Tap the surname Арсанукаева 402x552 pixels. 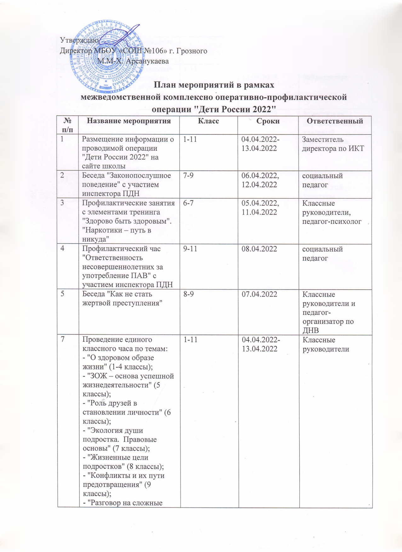147,61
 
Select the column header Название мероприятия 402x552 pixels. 129,121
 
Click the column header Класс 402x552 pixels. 208,121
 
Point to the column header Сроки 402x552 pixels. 268,121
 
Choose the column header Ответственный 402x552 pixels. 335,121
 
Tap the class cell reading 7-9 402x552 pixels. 188,176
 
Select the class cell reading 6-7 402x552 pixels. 188,203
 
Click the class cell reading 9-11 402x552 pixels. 190,249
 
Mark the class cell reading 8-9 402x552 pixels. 188,294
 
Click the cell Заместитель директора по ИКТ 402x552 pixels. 333,144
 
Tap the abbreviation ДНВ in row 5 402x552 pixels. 311,330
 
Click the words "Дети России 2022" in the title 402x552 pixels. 234,110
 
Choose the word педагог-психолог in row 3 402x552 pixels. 332,221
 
